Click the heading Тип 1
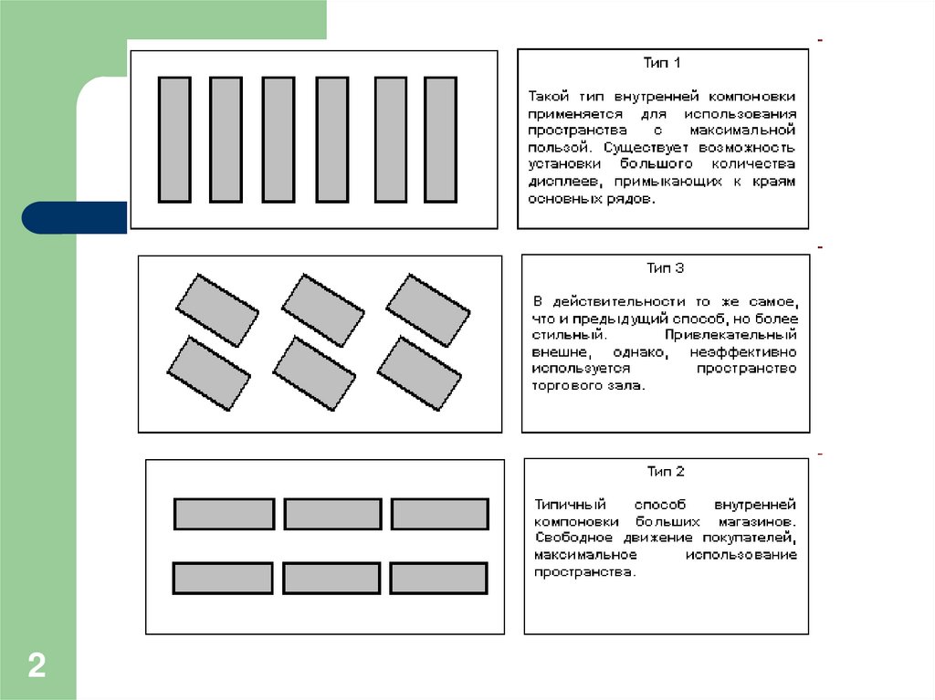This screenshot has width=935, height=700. click(663, 64)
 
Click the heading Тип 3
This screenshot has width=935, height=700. click(666, 268)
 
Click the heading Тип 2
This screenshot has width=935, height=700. click(666, 472)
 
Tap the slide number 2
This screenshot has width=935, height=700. click(37, 664)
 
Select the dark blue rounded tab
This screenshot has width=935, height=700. click(74, 218)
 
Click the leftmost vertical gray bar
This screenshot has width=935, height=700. click(174, 139)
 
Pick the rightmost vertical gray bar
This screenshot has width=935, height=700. click(441, 139)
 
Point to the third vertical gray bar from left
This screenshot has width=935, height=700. click(278, 139)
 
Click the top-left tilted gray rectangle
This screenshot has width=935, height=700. click(216, 308)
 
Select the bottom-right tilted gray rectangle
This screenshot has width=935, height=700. click(419, 373)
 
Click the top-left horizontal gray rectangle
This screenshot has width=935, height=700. click(225, 514)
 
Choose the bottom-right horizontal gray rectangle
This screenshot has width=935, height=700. click(438, 579)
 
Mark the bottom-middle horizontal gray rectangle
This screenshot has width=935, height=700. click(331, 579)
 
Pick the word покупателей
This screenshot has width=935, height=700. click(754, 538)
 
